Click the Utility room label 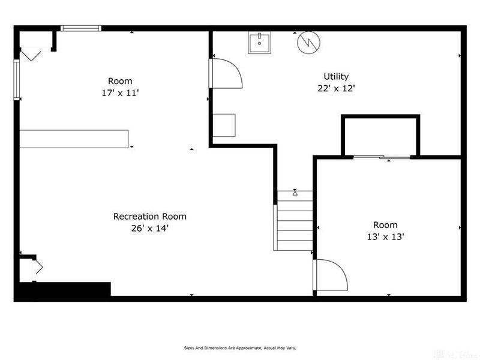(336, 76)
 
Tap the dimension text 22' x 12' (336, 88)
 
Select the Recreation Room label (149, 216)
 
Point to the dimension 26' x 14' (149, 228)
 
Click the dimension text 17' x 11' (120, 93)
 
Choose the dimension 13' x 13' (385, 236)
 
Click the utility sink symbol (259, 43)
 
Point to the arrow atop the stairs (295, 193)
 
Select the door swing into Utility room (227, 73)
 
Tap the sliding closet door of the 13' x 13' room (382, 157)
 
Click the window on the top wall (82, 28)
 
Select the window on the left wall (17, 79)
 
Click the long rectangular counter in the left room (74, 139)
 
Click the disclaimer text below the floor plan (239, 347)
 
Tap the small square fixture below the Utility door (224, 125)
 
